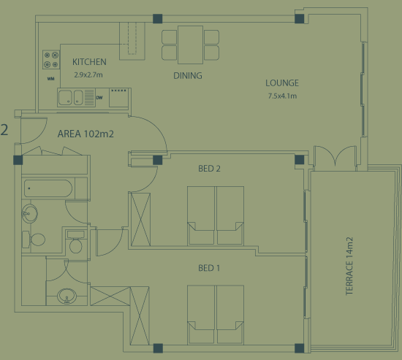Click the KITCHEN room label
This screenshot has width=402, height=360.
coord(89,62)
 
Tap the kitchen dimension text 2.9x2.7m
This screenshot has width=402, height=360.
coord(88,74)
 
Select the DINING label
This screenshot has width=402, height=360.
coord(188,76)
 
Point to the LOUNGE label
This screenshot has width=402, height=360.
coord(282,83)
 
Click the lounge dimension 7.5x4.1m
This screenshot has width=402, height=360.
coord(282,96)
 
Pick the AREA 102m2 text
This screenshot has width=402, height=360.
coord(86,134)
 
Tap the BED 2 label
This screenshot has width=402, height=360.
coord(209,169)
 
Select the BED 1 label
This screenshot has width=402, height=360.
coord(209,268)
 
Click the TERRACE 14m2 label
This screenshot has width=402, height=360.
coord(349,266)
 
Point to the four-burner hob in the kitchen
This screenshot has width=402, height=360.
coord(51,59)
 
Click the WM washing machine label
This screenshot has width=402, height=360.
coord(50,79)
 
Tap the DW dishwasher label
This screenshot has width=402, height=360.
coord(99,98)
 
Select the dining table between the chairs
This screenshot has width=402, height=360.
coord(190,45)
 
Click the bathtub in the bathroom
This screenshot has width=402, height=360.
coord(48,188)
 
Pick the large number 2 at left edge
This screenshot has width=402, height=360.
coord(4,130)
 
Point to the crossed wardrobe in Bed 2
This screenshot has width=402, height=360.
coord(140,219)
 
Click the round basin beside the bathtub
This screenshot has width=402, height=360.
coord(29,213)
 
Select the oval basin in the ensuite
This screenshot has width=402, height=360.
coord(67,296)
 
